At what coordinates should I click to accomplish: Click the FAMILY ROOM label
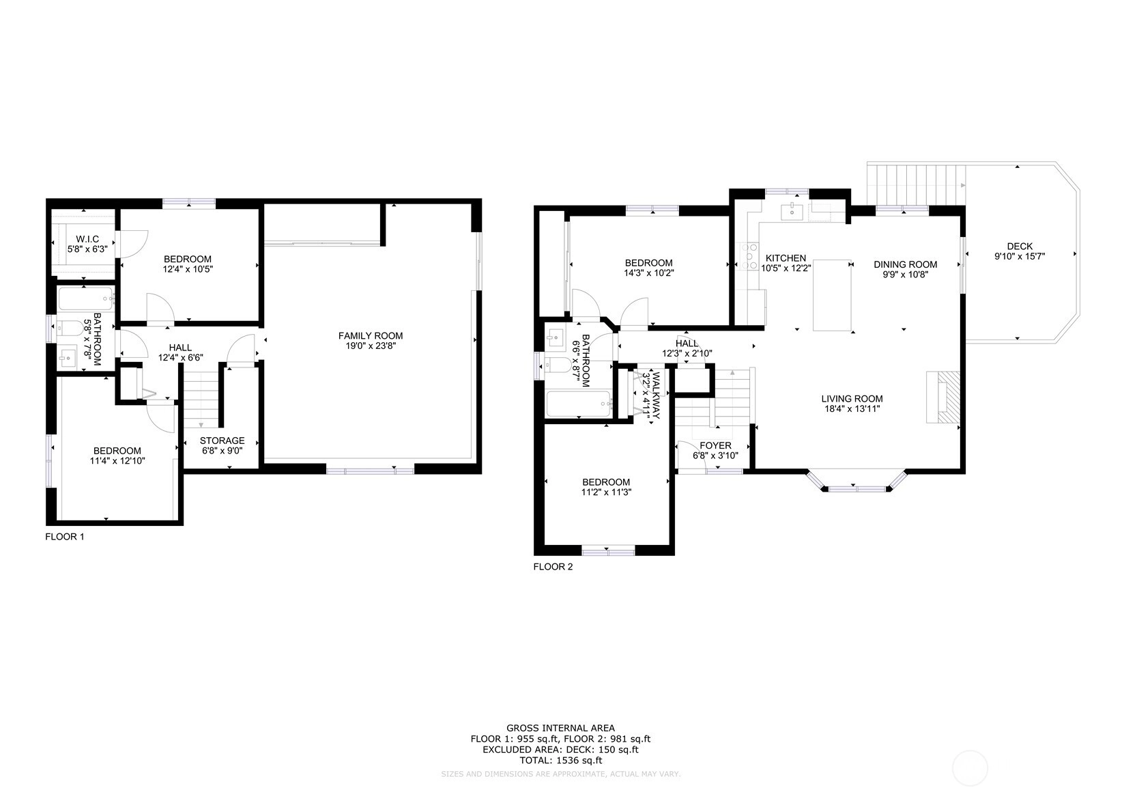pos(371,335)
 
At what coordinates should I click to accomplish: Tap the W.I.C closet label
pos(87,239)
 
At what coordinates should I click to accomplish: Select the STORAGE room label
pos(222,441)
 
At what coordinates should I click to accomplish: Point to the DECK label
pos(1020,246)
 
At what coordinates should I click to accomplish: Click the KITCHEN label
pos(786,258)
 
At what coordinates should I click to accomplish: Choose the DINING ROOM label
pos(905,264)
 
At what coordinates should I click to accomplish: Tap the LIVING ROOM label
pos(852,399)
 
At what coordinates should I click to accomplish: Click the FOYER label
pos(715,445)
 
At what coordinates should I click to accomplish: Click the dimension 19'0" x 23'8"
pos(371,346)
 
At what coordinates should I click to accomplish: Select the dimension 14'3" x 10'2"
pos(648,273)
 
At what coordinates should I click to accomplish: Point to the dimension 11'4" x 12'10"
pos(117,460)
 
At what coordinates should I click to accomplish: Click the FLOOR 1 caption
pos(65,536)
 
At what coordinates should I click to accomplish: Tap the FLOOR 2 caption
pos(553,566)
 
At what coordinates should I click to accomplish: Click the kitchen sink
pos(792,212)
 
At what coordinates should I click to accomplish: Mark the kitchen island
pos(833,295)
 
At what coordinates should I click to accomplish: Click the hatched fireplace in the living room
pos(943,397)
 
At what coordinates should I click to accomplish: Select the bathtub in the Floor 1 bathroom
pos(86,299)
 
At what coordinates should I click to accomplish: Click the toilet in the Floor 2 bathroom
pos(558,365)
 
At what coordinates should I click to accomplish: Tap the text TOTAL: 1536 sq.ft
pos(560,760)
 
